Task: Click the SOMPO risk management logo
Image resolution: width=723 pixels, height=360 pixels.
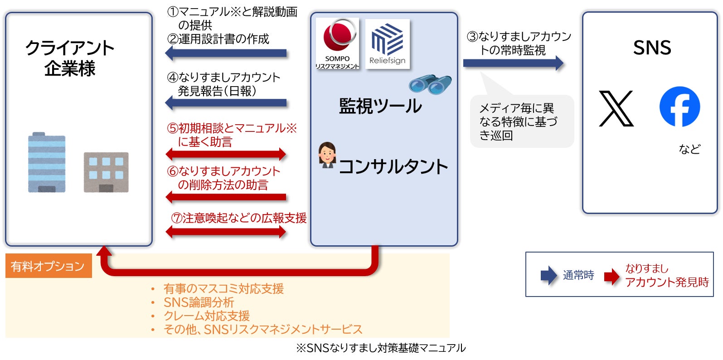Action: (x=337, y=43)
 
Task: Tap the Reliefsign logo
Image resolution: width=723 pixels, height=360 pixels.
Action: (x=387, y=44)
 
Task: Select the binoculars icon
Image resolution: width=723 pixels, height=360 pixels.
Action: (x=430, y=84)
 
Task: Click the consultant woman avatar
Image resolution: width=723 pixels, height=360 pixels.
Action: (x=327, y=156)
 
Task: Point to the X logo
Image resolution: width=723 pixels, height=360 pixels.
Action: (x=616, y=109)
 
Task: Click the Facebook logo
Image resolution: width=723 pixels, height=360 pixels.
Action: (x=679, y=107)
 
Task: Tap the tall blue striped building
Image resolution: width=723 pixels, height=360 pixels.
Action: (x=47, y=162)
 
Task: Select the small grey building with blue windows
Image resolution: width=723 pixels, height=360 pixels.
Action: (x=106, y=172)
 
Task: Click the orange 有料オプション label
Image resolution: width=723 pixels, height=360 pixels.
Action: (x=48, y=266)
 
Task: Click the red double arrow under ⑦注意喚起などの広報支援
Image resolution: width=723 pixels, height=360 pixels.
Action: (x=226, y=232)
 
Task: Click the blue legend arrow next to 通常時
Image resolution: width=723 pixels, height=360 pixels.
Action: (x=548, y=275)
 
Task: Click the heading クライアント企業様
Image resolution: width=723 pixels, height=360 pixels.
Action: (x=70, y=58)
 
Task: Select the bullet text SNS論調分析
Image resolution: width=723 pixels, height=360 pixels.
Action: (x=199, y=302)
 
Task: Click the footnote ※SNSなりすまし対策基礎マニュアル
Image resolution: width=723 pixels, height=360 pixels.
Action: (x=380, y=348)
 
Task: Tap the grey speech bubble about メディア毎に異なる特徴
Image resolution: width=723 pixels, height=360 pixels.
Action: (x=521, y=121)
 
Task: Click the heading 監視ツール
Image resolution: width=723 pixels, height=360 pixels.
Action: (x=380, y=106)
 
